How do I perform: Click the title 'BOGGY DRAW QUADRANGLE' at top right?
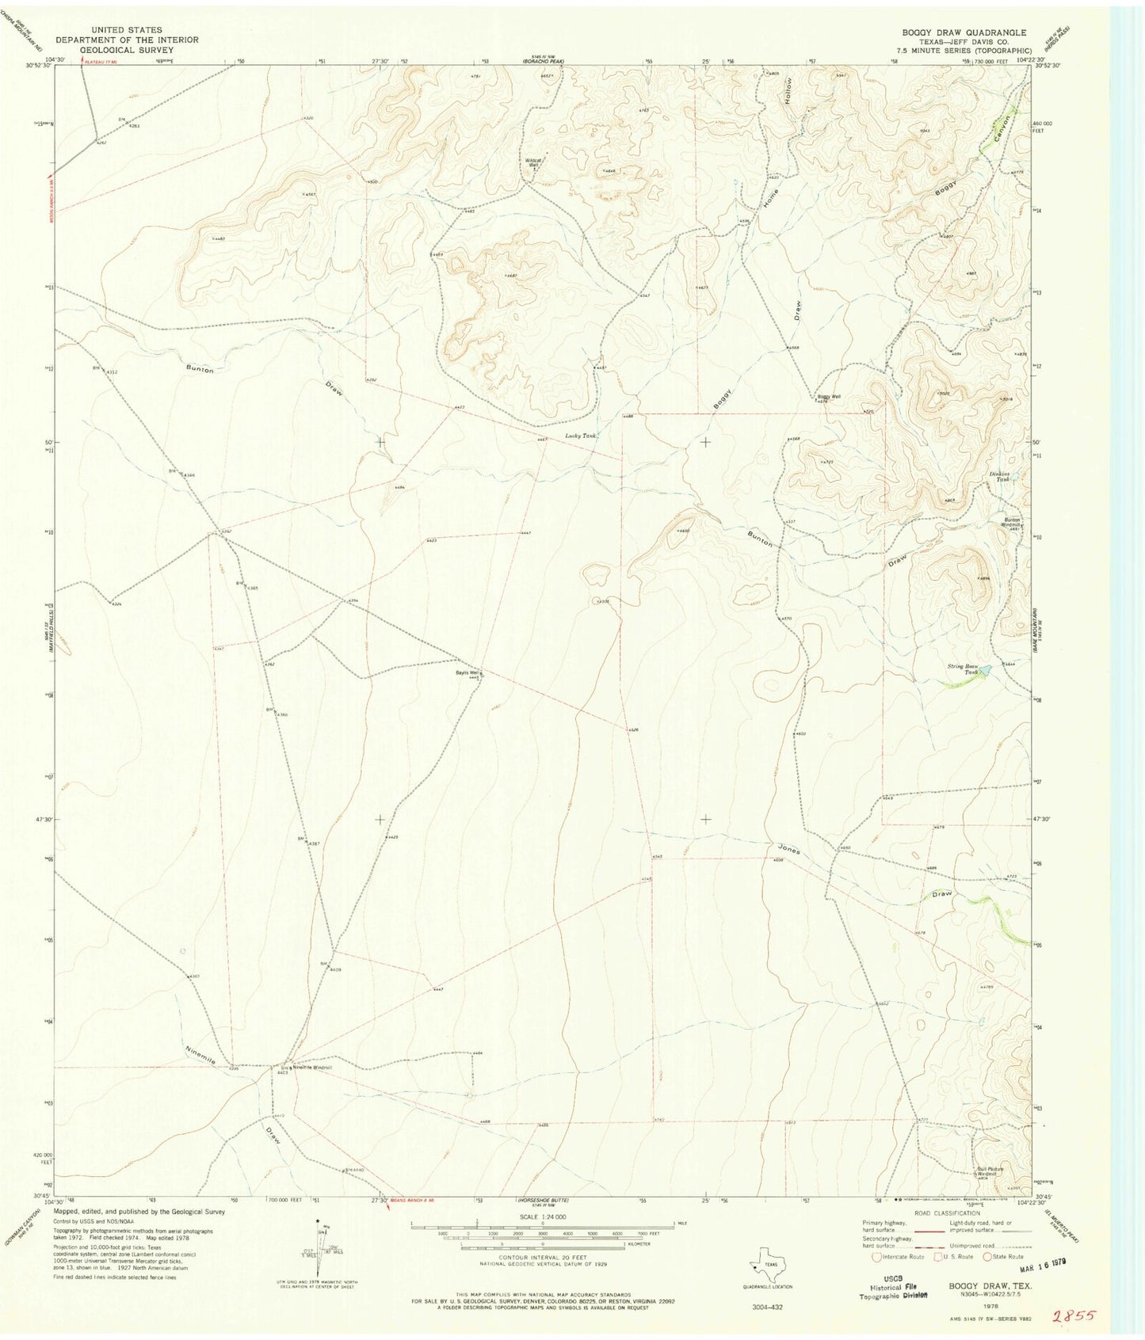coord(963,32)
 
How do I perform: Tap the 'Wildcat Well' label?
coord(533,162)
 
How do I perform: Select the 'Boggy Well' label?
coord(829,397)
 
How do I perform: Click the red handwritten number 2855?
coord(1074,1316)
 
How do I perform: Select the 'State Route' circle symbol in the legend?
coord(987,1256)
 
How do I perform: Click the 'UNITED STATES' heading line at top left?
coord(126,30)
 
